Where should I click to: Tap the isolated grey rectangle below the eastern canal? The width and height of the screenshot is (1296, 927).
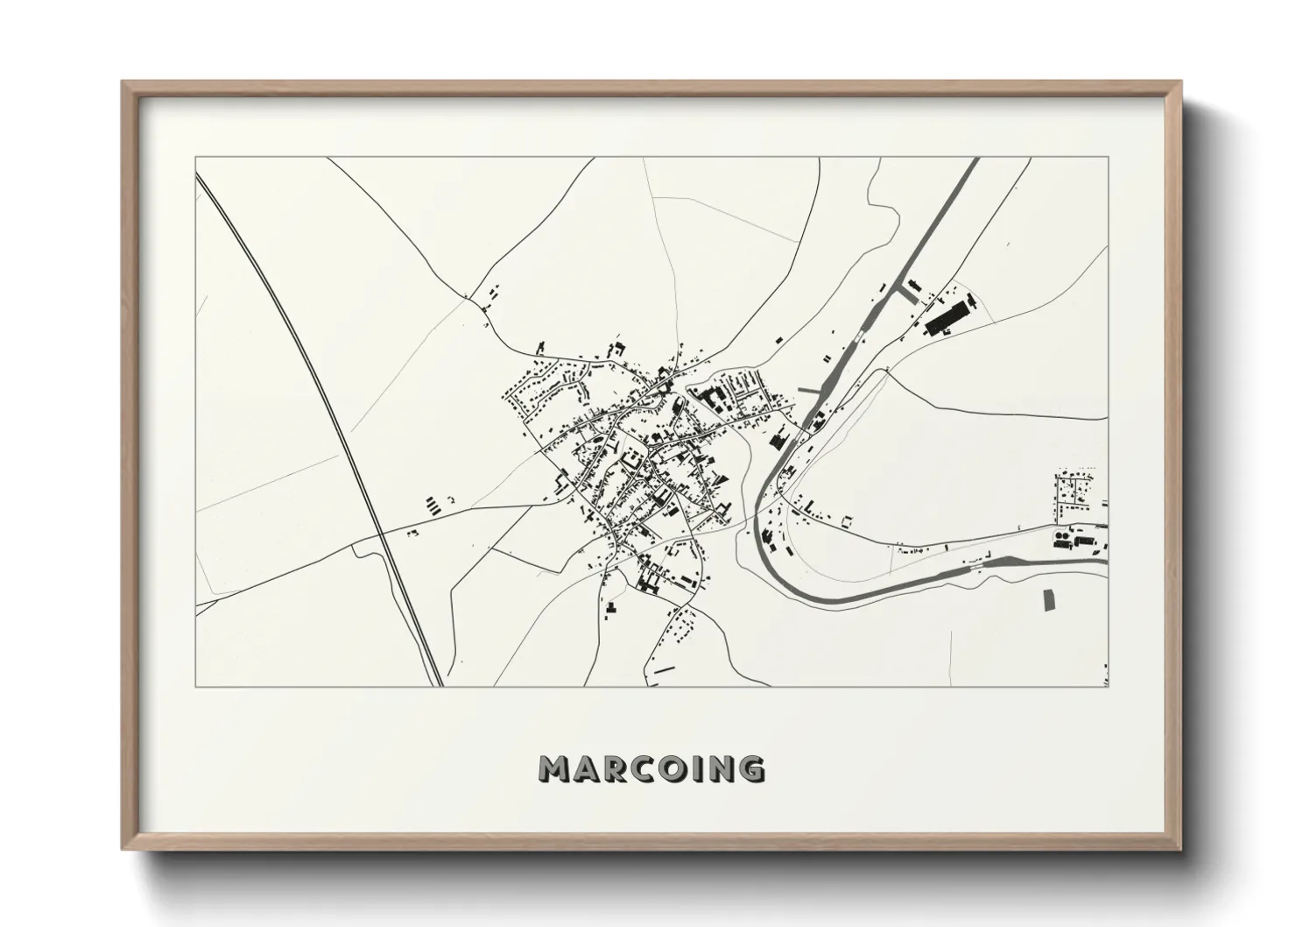click(1048, 599)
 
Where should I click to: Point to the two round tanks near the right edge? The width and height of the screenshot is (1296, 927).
click(1060, 534)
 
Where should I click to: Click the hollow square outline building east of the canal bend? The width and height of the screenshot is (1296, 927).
click(847, 522)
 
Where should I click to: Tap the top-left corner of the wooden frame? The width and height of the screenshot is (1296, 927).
click(124, 83)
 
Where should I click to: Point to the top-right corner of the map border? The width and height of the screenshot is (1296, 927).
click(1108, 158)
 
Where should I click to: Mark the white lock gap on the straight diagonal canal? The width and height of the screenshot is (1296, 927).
click(856, 338)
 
